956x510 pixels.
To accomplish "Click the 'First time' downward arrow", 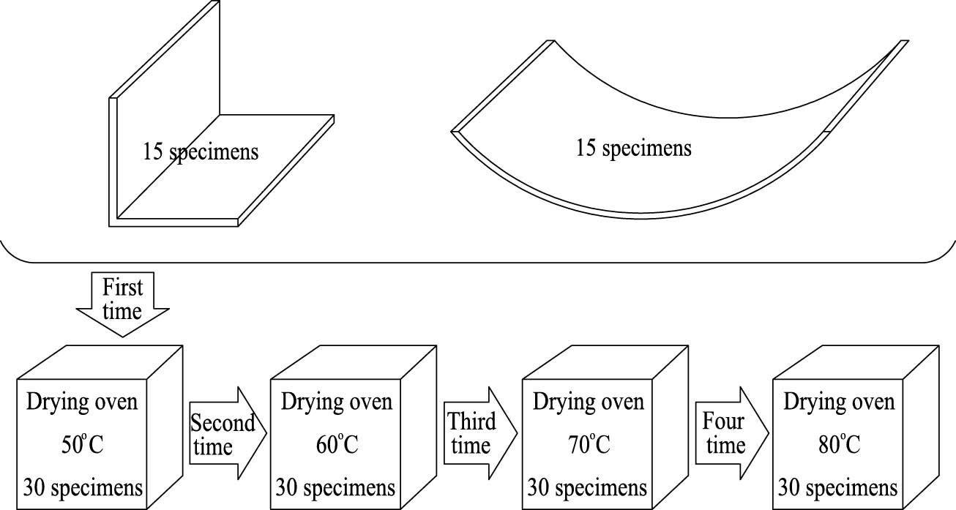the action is pos(123,304).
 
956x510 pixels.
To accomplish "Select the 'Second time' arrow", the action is pos(228,433).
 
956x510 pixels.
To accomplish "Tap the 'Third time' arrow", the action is pos(480,433).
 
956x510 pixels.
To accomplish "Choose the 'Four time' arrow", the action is pos(732,433).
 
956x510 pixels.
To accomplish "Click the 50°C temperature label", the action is pos(83,444).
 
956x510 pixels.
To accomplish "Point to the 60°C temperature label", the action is pos(337,444).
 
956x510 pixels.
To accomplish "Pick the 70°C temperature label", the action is pos(589,444).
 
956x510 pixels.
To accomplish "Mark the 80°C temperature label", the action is pos(839,444).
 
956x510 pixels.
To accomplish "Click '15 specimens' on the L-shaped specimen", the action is pos(201,152).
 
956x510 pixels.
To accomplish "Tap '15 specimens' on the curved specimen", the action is pos(634,149).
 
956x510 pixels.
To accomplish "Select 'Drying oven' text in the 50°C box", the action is pos(82,402).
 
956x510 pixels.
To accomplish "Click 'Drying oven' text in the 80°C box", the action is pos(839,402).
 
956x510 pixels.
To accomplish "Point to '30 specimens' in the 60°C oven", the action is pos(335,488).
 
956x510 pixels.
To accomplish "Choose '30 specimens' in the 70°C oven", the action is pos(587,488).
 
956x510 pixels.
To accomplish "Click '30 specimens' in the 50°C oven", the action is pos(83,488).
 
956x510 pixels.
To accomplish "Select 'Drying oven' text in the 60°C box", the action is pos(337,402).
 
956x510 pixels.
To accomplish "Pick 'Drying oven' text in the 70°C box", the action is pos(589,402).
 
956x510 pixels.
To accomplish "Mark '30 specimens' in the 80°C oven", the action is pos(837,488).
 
